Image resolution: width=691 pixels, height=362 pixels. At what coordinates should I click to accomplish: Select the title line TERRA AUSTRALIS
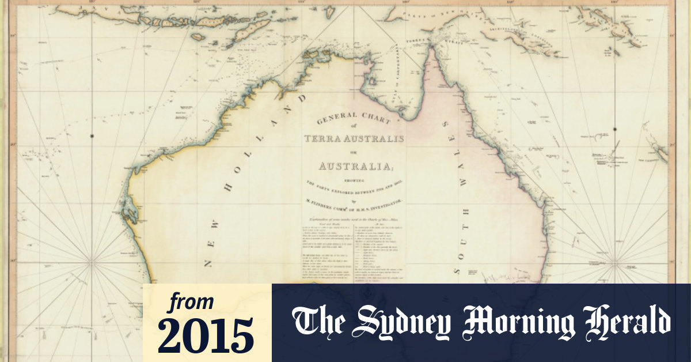pyautogui.click(x=354, y=139)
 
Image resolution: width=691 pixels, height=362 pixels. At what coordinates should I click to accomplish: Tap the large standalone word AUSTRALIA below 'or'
pyautogui.click(x=354, y=167)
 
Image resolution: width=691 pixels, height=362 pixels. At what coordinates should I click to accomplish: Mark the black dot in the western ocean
pyautogui.click(x=92, y=136)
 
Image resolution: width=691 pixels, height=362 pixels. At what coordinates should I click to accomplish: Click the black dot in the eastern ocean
pyautogui.click(x=615, y=129)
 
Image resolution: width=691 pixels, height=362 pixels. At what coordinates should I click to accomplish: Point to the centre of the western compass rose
pyautogui.click(x=92, y=262)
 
